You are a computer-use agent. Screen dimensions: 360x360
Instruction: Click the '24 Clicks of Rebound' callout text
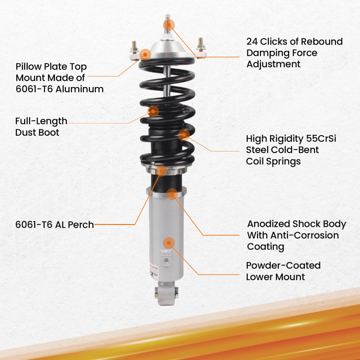(x=294, y=42)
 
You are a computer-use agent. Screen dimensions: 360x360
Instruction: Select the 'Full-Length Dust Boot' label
(x=41, y=127)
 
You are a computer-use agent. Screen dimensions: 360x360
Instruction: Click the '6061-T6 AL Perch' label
(x=54, y=225)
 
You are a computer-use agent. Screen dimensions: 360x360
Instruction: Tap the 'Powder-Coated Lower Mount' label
(x=283, y=271)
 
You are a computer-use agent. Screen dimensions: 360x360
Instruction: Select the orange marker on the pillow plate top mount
(x=145, y=54)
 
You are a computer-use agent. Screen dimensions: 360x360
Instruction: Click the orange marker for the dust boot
(x=153, y=111)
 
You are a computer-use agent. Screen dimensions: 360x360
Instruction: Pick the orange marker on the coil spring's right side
(x=184, y=135)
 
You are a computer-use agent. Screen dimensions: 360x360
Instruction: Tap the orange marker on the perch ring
(x=162, y=170)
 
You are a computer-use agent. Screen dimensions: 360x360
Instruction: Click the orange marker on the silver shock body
(x=168, y=243)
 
